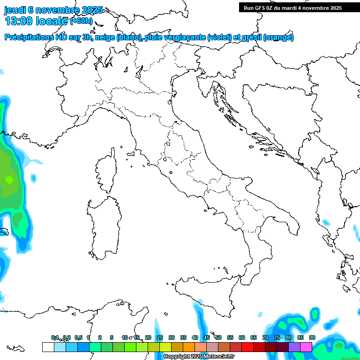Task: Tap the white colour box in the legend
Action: [x=48, y=347]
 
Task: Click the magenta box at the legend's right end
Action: [x=306, y=347]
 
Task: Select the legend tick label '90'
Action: [x=312, y=337]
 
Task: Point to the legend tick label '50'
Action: [x=218, y=337]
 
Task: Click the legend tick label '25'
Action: [x=160, y=337]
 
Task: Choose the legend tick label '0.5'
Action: [x=78, y=337]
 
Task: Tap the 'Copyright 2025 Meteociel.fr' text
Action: [x=199, y=357]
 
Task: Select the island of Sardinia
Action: [x=104, y=225]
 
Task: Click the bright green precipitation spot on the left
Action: [x=9, y=179]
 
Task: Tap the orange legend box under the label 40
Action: [x=189, y=347]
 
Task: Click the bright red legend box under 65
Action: [x=247, y=347]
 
